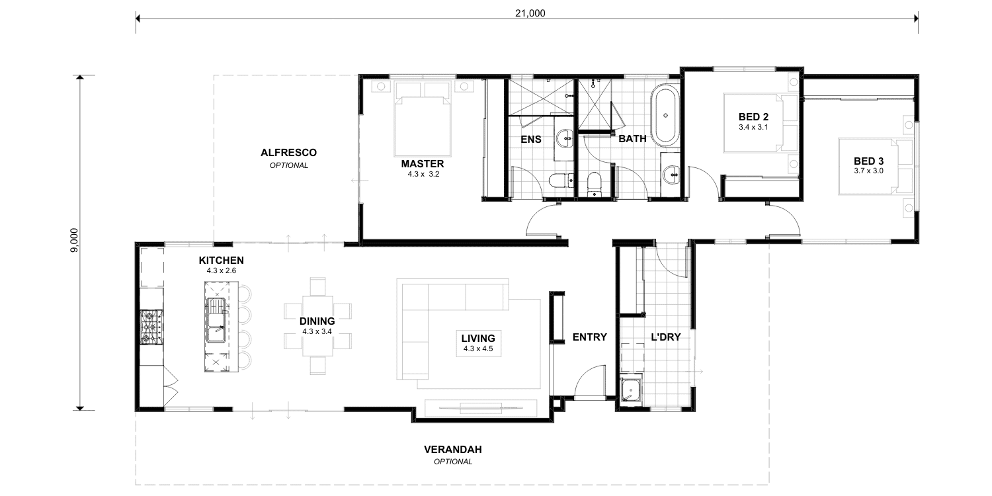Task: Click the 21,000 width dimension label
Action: click(530, 13)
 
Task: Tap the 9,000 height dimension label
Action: click(74, 241)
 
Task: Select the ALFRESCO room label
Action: click(289, 153)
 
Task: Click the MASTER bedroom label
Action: click(423, 164)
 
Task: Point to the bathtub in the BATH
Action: click(665, 115)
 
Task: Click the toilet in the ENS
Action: click(561, 181)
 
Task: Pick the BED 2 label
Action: click(753, 117)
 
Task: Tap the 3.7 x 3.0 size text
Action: click(868, 171)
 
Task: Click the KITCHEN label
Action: click(221, 261)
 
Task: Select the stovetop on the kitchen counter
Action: click(151, 327)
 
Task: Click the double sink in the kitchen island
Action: click(216, 320)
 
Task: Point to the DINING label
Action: click(317, 321)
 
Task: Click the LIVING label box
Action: click(478, 343)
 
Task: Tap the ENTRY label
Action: click(589, 337)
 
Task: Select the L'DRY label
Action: click(665, 337)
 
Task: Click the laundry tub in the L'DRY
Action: click(630, 390)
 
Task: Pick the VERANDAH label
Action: click(452, 450)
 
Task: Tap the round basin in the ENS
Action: click(565, 138)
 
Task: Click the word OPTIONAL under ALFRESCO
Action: click(289, 165)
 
